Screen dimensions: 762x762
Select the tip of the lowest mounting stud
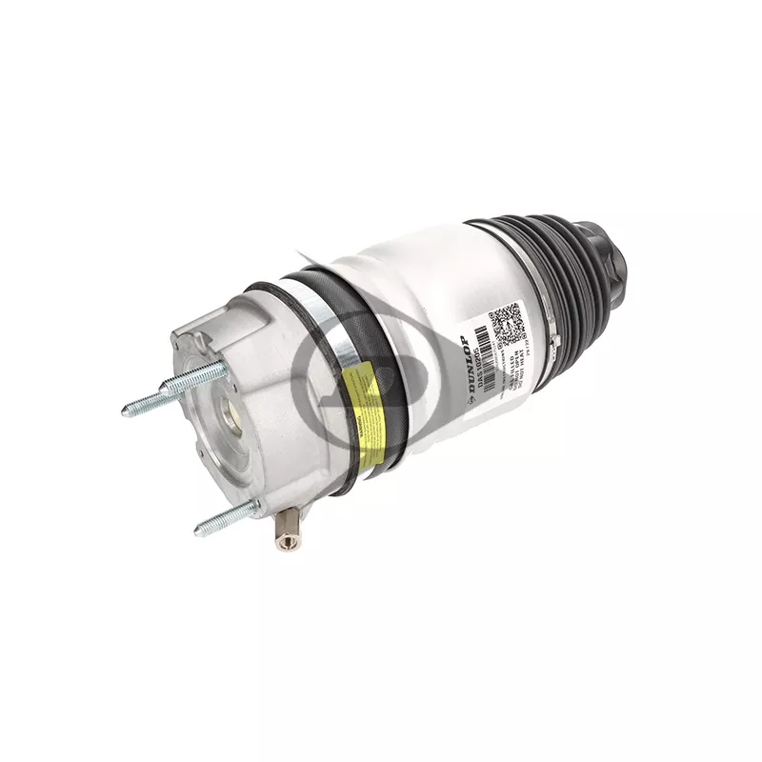[199, 528]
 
